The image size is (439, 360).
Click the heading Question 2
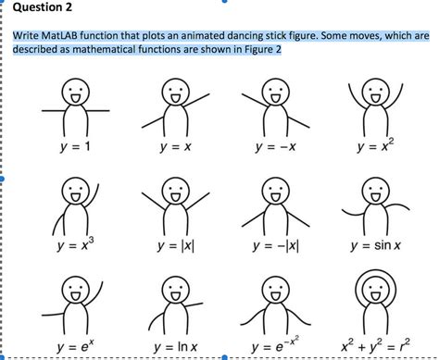coord(41,12)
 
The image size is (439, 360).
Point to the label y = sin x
coord(374,245)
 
